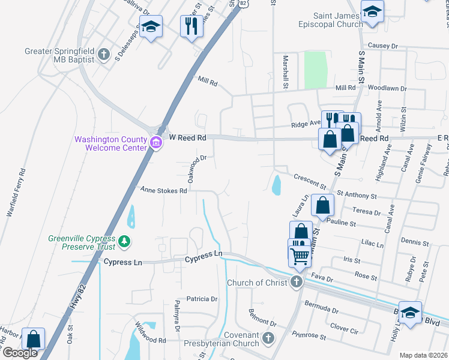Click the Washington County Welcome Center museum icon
tap(156, 143)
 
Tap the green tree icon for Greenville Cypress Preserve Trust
tap(124, 242)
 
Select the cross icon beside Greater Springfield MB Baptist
tap(104, 55)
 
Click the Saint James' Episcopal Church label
tap(331, 20)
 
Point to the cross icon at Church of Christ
tap(296, 283)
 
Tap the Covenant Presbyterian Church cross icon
tap(267, 339)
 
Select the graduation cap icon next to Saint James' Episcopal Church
tap(372, 12)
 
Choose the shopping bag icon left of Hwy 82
tap(34, 338)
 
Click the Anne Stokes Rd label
tap(164, 190)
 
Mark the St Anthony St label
tap(357, 195)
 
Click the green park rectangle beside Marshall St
tap(316, 70)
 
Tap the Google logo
tap(20, 353)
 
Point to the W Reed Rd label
tap(187, 137)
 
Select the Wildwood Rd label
tap(150, 340)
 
